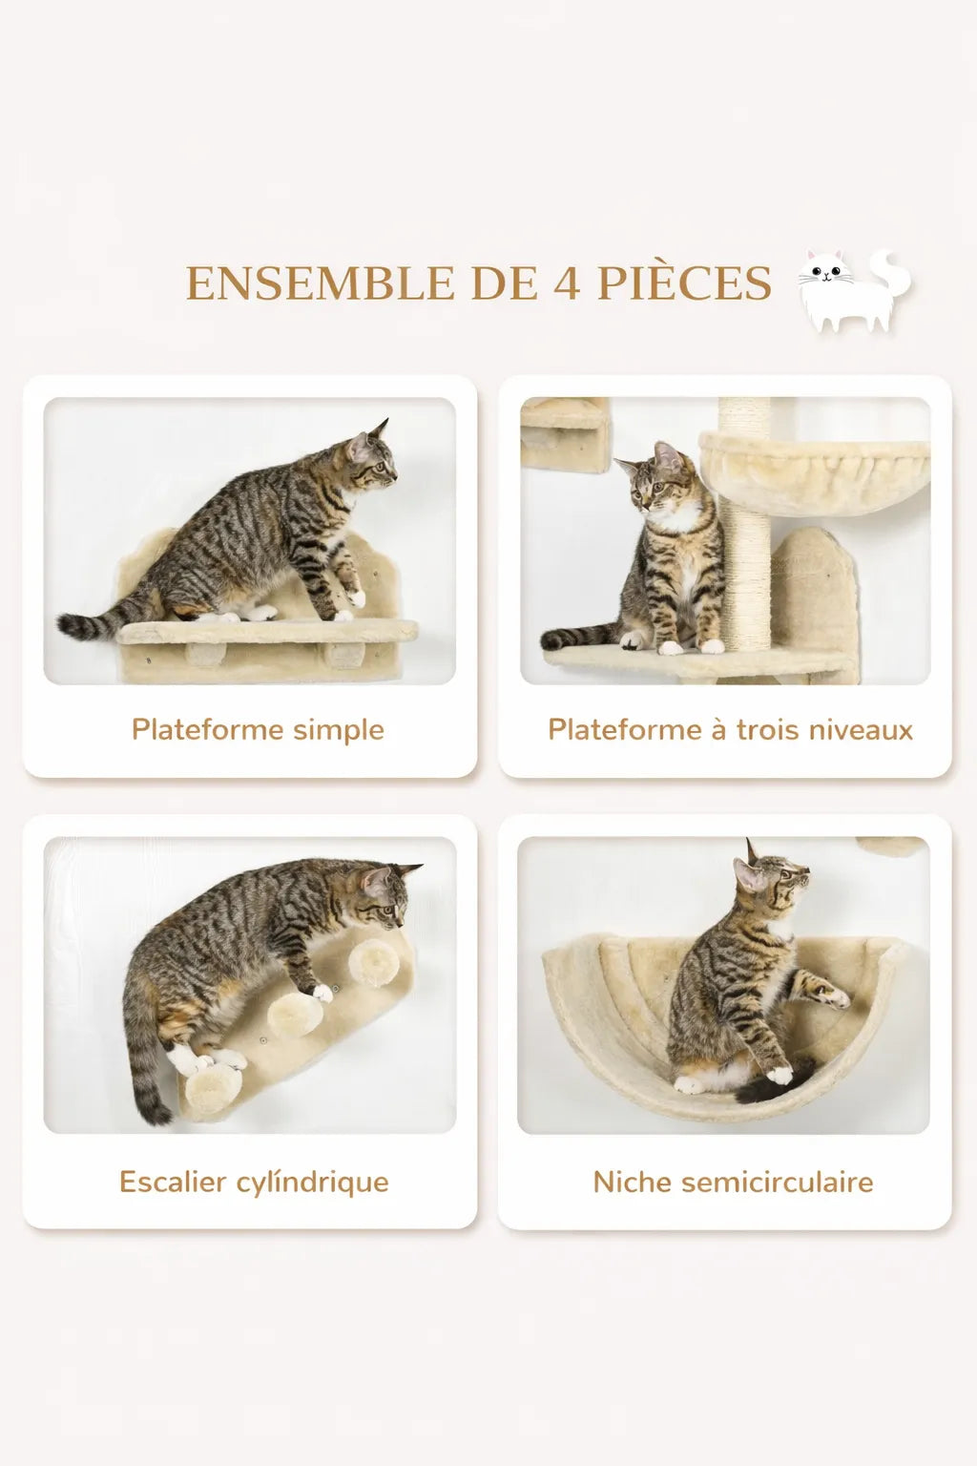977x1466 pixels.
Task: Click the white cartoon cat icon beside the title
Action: coord(853,291)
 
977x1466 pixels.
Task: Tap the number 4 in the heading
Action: coord(567,283)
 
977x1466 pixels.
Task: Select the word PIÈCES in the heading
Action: coord(684,283)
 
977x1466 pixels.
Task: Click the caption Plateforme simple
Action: coord(258,730)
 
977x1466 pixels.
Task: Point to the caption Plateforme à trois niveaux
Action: coord(730,730)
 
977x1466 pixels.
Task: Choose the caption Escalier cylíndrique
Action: coord(254,1182)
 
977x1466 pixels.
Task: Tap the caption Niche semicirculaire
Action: coord(733,1182)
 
